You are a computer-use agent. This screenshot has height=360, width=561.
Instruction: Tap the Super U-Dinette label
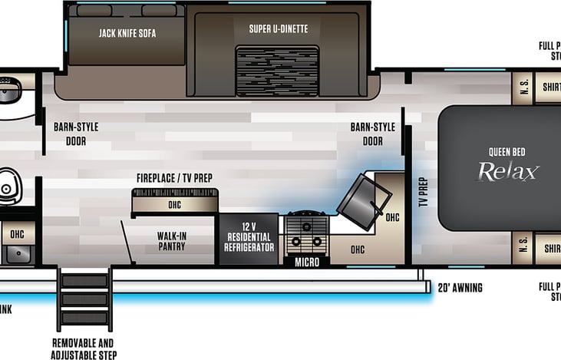pyautogui.click(x=279, y=29)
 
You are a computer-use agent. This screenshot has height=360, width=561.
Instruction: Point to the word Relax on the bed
pyautogui.click(x=508, y=171)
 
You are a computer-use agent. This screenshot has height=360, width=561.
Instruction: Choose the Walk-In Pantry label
pyautogui.click(x=172, y=241)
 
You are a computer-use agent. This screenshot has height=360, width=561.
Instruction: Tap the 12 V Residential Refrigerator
pyautogui.click(x=249, y=236)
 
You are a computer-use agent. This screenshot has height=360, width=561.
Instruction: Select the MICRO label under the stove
pyautogui.click(x=306, y=262)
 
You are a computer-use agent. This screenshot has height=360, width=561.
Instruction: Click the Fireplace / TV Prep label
pyautogui.click(x=174, y=178)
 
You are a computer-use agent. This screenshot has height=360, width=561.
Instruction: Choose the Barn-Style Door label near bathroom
pyautogui.click(x=75, y=134)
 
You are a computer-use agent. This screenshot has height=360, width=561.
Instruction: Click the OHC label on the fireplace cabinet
pyautogui.click(x=174, y=205)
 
